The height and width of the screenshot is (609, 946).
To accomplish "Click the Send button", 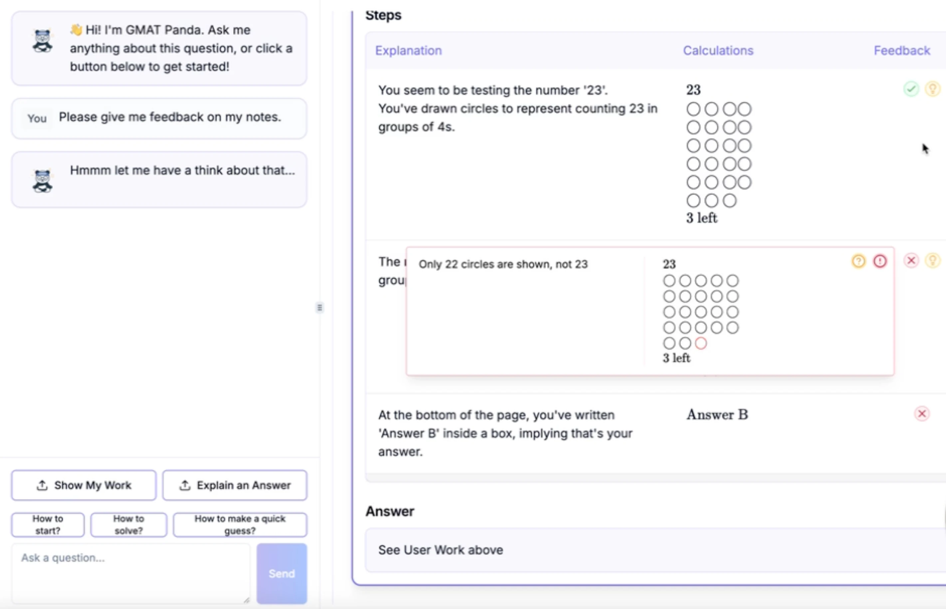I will point(282,573).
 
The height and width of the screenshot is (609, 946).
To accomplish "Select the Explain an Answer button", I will point(235,485).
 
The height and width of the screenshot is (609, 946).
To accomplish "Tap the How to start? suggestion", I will point(48,524).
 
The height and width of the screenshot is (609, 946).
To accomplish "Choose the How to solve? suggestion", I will point(129,524).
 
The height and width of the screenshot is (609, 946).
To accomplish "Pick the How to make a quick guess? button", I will point(240,524).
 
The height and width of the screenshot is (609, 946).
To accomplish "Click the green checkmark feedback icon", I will point(911,89).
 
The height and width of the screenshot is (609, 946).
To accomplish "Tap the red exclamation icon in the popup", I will point(880,261).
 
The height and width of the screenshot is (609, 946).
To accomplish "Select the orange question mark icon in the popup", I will point(858,261).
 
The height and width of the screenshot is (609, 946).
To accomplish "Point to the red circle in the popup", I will point(701,343).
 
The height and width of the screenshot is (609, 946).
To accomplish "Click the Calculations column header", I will point(718,51).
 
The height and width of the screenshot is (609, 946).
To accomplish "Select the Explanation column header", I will point(408,51).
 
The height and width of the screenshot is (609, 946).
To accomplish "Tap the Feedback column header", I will point(902,51).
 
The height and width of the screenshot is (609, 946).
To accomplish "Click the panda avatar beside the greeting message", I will point(42,41).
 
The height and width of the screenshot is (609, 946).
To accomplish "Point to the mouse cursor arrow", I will point(925,149).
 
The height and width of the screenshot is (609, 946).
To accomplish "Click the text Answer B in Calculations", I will point(717,414).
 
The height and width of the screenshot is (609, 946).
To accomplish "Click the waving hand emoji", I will point(76,30).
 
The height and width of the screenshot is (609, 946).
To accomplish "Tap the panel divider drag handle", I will point(320,307).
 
